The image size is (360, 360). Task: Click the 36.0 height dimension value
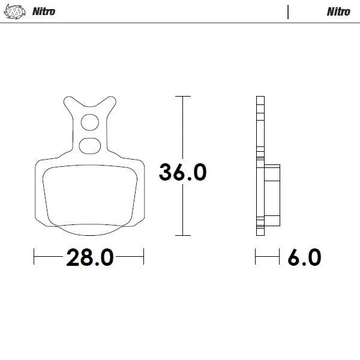coord(183,172)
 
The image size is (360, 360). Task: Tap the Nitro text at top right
coord(338,11)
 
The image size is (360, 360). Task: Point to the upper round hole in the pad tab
coord(89,122)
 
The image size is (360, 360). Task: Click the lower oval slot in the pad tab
coord(89,144)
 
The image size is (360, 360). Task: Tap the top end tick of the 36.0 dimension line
coord(182,96)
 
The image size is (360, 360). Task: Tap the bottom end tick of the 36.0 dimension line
coord(182,235)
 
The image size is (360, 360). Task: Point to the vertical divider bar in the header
coord(289,11)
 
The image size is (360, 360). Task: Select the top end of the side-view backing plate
coord(259,98)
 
